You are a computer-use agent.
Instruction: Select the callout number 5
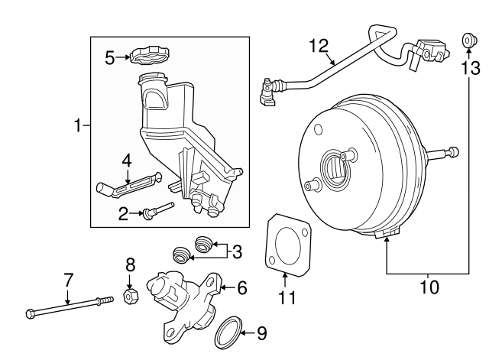[x=110, y=57]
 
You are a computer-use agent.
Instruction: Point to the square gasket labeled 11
[x=287, y=244]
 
